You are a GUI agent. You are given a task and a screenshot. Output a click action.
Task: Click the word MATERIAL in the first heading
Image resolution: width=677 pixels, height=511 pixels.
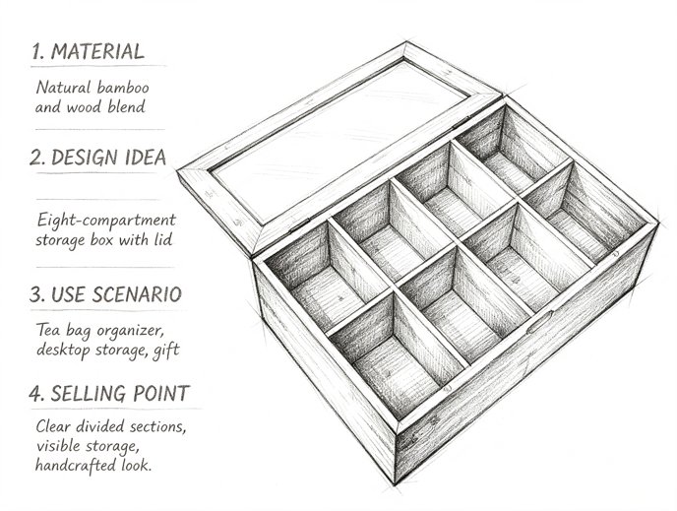97,52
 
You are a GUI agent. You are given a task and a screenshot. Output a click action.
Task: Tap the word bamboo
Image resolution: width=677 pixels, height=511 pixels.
123,88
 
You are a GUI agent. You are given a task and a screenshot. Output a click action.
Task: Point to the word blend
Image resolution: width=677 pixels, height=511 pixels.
127,106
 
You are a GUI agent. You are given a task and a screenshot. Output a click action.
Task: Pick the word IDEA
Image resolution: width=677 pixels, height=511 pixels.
146,158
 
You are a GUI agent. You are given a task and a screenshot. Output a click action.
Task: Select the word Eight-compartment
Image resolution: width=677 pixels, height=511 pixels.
106,221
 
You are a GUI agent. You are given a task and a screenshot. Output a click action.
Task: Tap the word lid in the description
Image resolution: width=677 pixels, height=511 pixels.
163,239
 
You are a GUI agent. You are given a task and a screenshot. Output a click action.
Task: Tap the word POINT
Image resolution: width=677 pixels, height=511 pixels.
161,394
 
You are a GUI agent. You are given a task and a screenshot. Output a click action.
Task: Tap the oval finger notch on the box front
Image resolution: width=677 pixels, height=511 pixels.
539,322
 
